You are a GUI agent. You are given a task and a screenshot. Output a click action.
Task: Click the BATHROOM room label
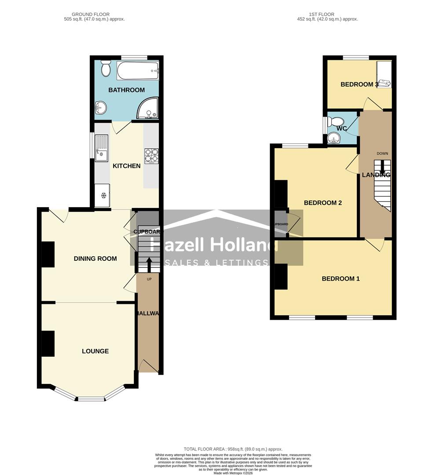click(x=126, y=90)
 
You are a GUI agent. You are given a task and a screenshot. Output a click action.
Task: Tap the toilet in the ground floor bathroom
click(x=106, y=69)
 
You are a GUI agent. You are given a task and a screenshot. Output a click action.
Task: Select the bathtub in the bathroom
click(x=137, y=70)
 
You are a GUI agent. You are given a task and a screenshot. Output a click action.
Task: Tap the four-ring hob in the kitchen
click(x=151, y=155)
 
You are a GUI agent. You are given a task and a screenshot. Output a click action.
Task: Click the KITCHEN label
click(x=127, y=166)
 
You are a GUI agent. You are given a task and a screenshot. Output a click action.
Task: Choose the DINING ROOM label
click(x=95, y=259)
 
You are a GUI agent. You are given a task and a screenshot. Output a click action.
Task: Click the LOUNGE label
click(x=95, y=351)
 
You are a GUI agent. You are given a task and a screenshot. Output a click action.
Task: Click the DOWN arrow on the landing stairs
click(x=382, y=166)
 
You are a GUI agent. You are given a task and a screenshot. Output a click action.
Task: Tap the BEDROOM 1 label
click(x=341, y=278)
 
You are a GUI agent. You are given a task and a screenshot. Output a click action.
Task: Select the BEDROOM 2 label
click(x=323, y=203)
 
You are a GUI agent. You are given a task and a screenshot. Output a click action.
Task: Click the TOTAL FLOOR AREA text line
click(x=233, y=449)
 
